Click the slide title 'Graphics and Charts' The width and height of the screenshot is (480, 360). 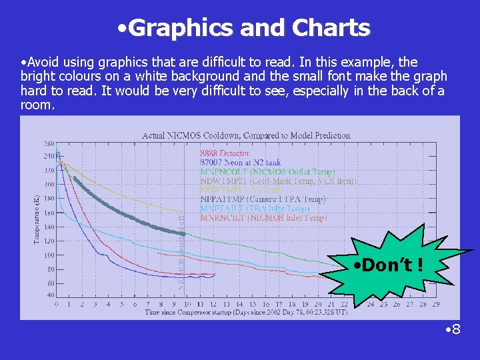click(241, 28)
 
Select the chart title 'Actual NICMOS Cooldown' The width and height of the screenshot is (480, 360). click(246, 135)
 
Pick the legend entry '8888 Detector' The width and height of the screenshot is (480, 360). click(225, 153)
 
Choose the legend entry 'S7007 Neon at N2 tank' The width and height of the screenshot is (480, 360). click(240, 162)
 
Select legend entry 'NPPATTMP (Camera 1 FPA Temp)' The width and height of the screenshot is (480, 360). click(263, 199)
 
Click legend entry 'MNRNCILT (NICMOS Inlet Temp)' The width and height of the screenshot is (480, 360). click(263, 217)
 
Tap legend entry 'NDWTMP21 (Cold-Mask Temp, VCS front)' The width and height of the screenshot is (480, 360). click(278, 181)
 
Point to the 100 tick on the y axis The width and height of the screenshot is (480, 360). click(49, 255)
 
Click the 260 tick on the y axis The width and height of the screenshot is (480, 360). click(49, 143)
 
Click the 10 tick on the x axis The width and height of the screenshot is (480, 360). click(186, 305)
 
